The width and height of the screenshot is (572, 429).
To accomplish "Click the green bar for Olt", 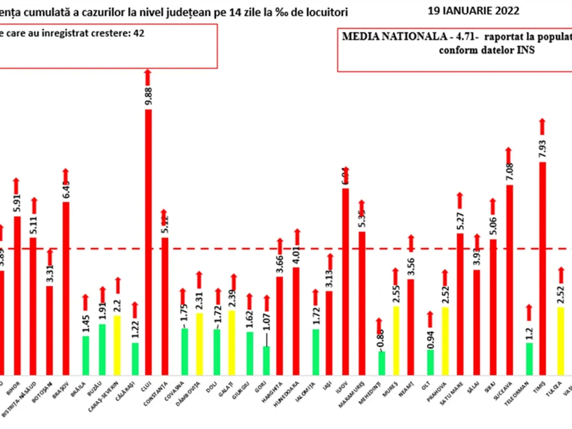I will click(430, 362).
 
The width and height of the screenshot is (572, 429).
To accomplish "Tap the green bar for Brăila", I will click(85, 356).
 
